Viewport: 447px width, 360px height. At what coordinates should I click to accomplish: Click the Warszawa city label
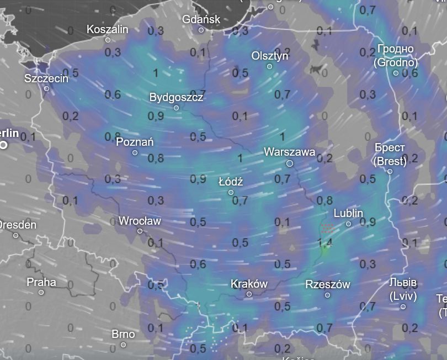tap(289, 151)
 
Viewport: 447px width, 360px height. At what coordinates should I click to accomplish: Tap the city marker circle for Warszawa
tap(290, 163)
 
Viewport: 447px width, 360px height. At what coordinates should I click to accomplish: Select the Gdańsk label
tap(201, 19)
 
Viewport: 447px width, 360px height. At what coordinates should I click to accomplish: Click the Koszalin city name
tap(107, 29)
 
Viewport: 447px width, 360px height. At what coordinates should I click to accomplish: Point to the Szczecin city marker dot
tap(46, 88)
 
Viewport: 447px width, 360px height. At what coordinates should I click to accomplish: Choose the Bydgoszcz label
tap(176, 97)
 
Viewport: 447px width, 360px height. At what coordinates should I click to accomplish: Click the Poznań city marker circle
tap(135, 152)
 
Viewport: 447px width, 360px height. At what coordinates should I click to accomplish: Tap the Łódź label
tap(231, 181)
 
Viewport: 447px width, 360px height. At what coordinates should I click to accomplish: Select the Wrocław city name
tap(140, 221)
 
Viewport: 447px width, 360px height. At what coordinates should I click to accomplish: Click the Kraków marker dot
tap(249, 294)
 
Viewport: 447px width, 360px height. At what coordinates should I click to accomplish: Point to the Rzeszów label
tap(327, 284)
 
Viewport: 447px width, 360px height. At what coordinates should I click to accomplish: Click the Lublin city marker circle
tap(348, 224)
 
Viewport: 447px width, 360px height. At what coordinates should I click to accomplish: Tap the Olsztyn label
tap(270, 56)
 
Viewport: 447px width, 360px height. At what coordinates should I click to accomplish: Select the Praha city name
tap(41, 282)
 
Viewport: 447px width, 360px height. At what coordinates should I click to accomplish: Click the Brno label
tap(123, 333)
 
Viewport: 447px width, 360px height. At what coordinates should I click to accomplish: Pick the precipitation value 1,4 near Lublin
tap(326, 242)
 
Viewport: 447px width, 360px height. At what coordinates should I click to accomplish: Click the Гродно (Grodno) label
tap(396, 56)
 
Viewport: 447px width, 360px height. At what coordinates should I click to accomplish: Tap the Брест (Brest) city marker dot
tap(390, 171)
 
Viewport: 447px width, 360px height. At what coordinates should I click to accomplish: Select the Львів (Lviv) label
tap(403, 289)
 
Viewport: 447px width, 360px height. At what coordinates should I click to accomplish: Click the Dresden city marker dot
tap(15, 236)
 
